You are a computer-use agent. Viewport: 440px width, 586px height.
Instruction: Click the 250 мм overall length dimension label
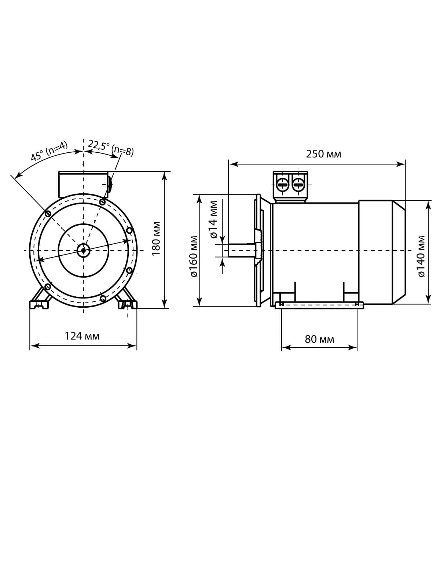323,154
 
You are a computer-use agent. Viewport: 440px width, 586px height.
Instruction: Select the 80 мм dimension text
319,339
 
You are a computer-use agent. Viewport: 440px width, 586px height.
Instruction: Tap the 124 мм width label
82,336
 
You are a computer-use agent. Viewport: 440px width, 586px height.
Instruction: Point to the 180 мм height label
156,238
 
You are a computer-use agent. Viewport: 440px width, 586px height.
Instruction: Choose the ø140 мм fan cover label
421,256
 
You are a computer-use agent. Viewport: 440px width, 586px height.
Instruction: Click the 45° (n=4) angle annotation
49,151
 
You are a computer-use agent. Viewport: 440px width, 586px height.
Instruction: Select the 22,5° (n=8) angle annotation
111,148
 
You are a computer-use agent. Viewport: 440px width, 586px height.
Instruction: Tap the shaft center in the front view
83,250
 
